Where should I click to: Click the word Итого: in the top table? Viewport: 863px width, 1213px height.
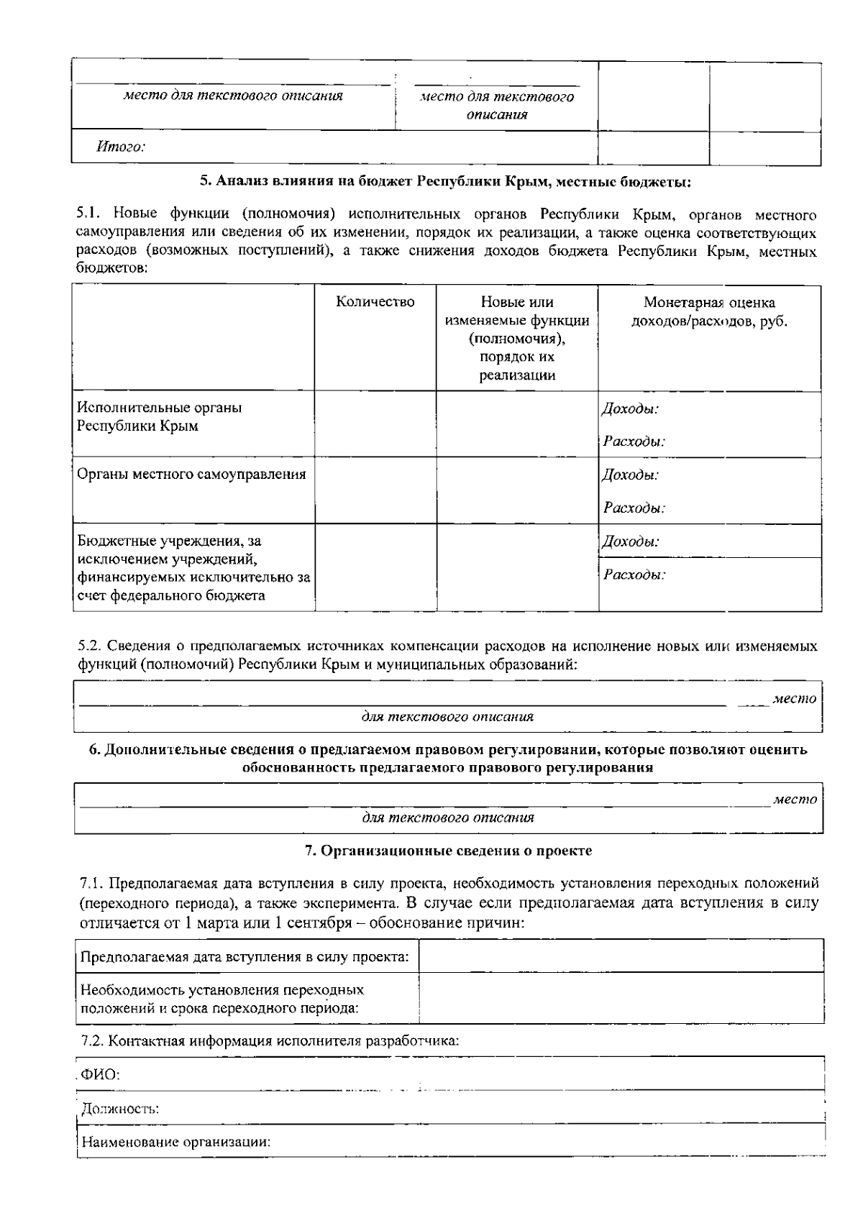[121, 148]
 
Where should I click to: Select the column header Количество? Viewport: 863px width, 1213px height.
[375, 302]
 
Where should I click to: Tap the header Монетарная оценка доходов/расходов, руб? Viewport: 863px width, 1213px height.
[709, 312]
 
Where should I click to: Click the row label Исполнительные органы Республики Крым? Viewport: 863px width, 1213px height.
[159, 416]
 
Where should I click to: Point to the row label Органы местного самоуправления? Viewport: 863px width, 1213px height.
[191, 474]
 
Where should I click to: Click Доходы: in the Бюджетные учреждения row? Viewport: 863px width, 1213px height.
[630, 541]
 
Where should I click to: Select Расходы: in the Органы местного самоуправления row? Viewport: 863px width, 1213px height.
[634, 508]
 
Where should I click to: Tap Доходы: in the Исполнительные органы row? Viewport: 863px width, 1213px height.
[630, 409]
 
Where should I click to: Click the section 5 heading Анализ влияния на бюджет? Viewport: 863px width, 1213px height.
[444, 181]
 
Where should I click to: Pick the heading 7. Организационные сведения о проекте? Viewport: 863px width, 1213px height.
[448, 851]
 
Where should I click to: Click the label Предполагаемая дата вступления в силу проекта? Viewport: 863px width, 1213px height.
[245, 957]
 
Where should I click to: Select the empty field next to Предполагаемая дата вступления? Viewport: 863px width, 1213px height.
[621, 956]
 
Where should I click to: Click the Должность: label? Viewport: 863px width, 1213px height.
[119, 1109]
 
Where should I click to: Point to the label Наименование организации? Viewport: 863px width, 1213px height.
[175, 1142]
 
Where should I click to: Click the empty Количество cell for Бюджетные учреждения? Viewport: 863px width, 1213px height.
[375, 567]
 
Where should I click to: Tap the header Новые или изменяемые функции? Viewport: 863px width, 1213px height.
[516, 338]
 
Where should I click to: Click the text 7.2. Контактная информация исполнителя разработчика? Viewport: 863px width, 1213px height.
[269, 1040]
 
